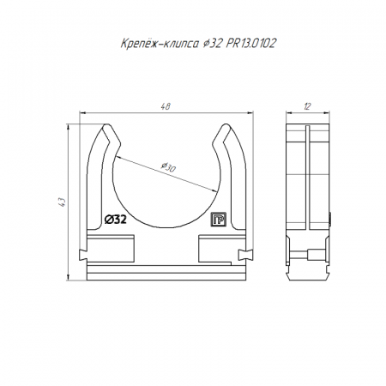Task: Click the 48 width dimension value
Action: (166, 106)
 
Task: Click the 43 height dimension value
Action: (62, 202)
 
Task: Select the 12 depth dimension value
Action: (307, 106)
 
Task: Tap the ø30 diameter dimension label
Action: (168, 167)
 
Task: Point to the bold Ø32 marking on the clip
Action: (115, 220)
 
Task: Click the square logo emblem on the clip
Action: (219, 220)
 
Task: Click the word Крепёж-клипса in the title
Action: (160, 44)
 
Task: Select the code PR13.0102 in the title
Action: (251, 44)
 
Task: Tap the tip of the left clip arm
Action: (107, 124)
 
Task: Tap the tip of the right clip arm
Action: (226, 124)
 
